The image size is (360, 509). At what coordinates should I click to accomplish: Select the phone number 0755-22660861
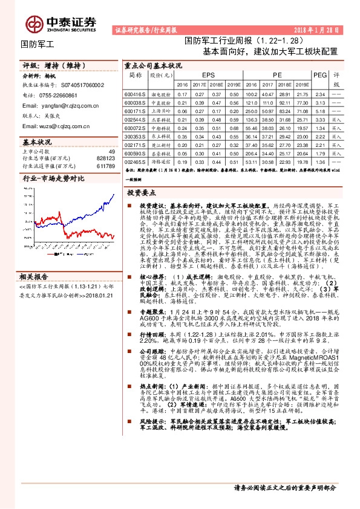(62, 96)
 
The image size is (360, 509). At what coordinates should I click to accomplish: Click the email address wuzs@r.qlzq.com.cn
(54, 126)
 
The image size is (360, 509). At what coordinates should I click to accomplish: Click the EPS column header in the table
(208, 74)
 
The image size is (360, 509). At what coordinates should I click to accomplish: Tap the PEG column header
(320, 74)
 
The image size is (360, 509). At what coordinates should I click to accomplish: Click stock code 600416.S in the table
(134, 94)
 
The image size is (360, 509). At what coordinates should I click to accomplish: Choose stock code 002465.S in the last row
(134, 163)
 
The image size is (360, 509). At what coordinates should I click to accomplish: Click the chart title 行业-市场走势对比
(53, 180)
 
